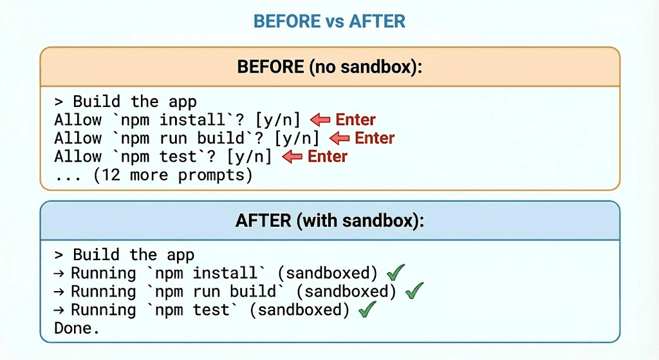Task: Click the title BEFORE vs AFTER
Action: pyautogui.click(x=329, y=21)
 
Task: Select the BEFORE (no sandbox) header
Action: pyautogui.click(x=329, y=66)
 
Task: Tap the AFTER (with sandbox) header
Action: pyautogui.click(x=329, y=220)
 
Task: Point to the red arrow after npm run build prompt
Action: pyautogui.click(x=339, y=138)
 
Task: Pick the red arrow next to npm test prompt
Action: pyautogui.click(x=293, y=156)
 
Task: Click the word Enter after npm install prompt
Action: pyautogui.click(x=355, y=120)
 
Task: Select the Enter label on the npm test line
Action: pyautogui.click(x=328, y=156)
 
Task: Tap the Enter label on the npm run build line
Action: pyautogui.click(x=375, y=138)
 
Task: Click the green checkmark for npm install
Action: pyautogui.click(x=395, y=272)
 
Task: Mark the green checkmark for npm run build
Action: pyautogui.click(x=414, y=291)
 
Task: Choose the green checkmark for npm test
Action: pyautogui.click(x=367, y=310)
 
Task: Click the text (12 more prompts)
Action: pyautogui.click(x=172, y=175)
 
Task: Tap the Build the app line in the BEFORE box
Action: pyautogui.click(x=125, y=102)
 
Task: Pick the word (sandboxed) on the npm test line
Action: pyautogui.click(x=299, y=310)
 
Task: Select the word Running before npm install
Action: pyautogui.click(x=103, y=273)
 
